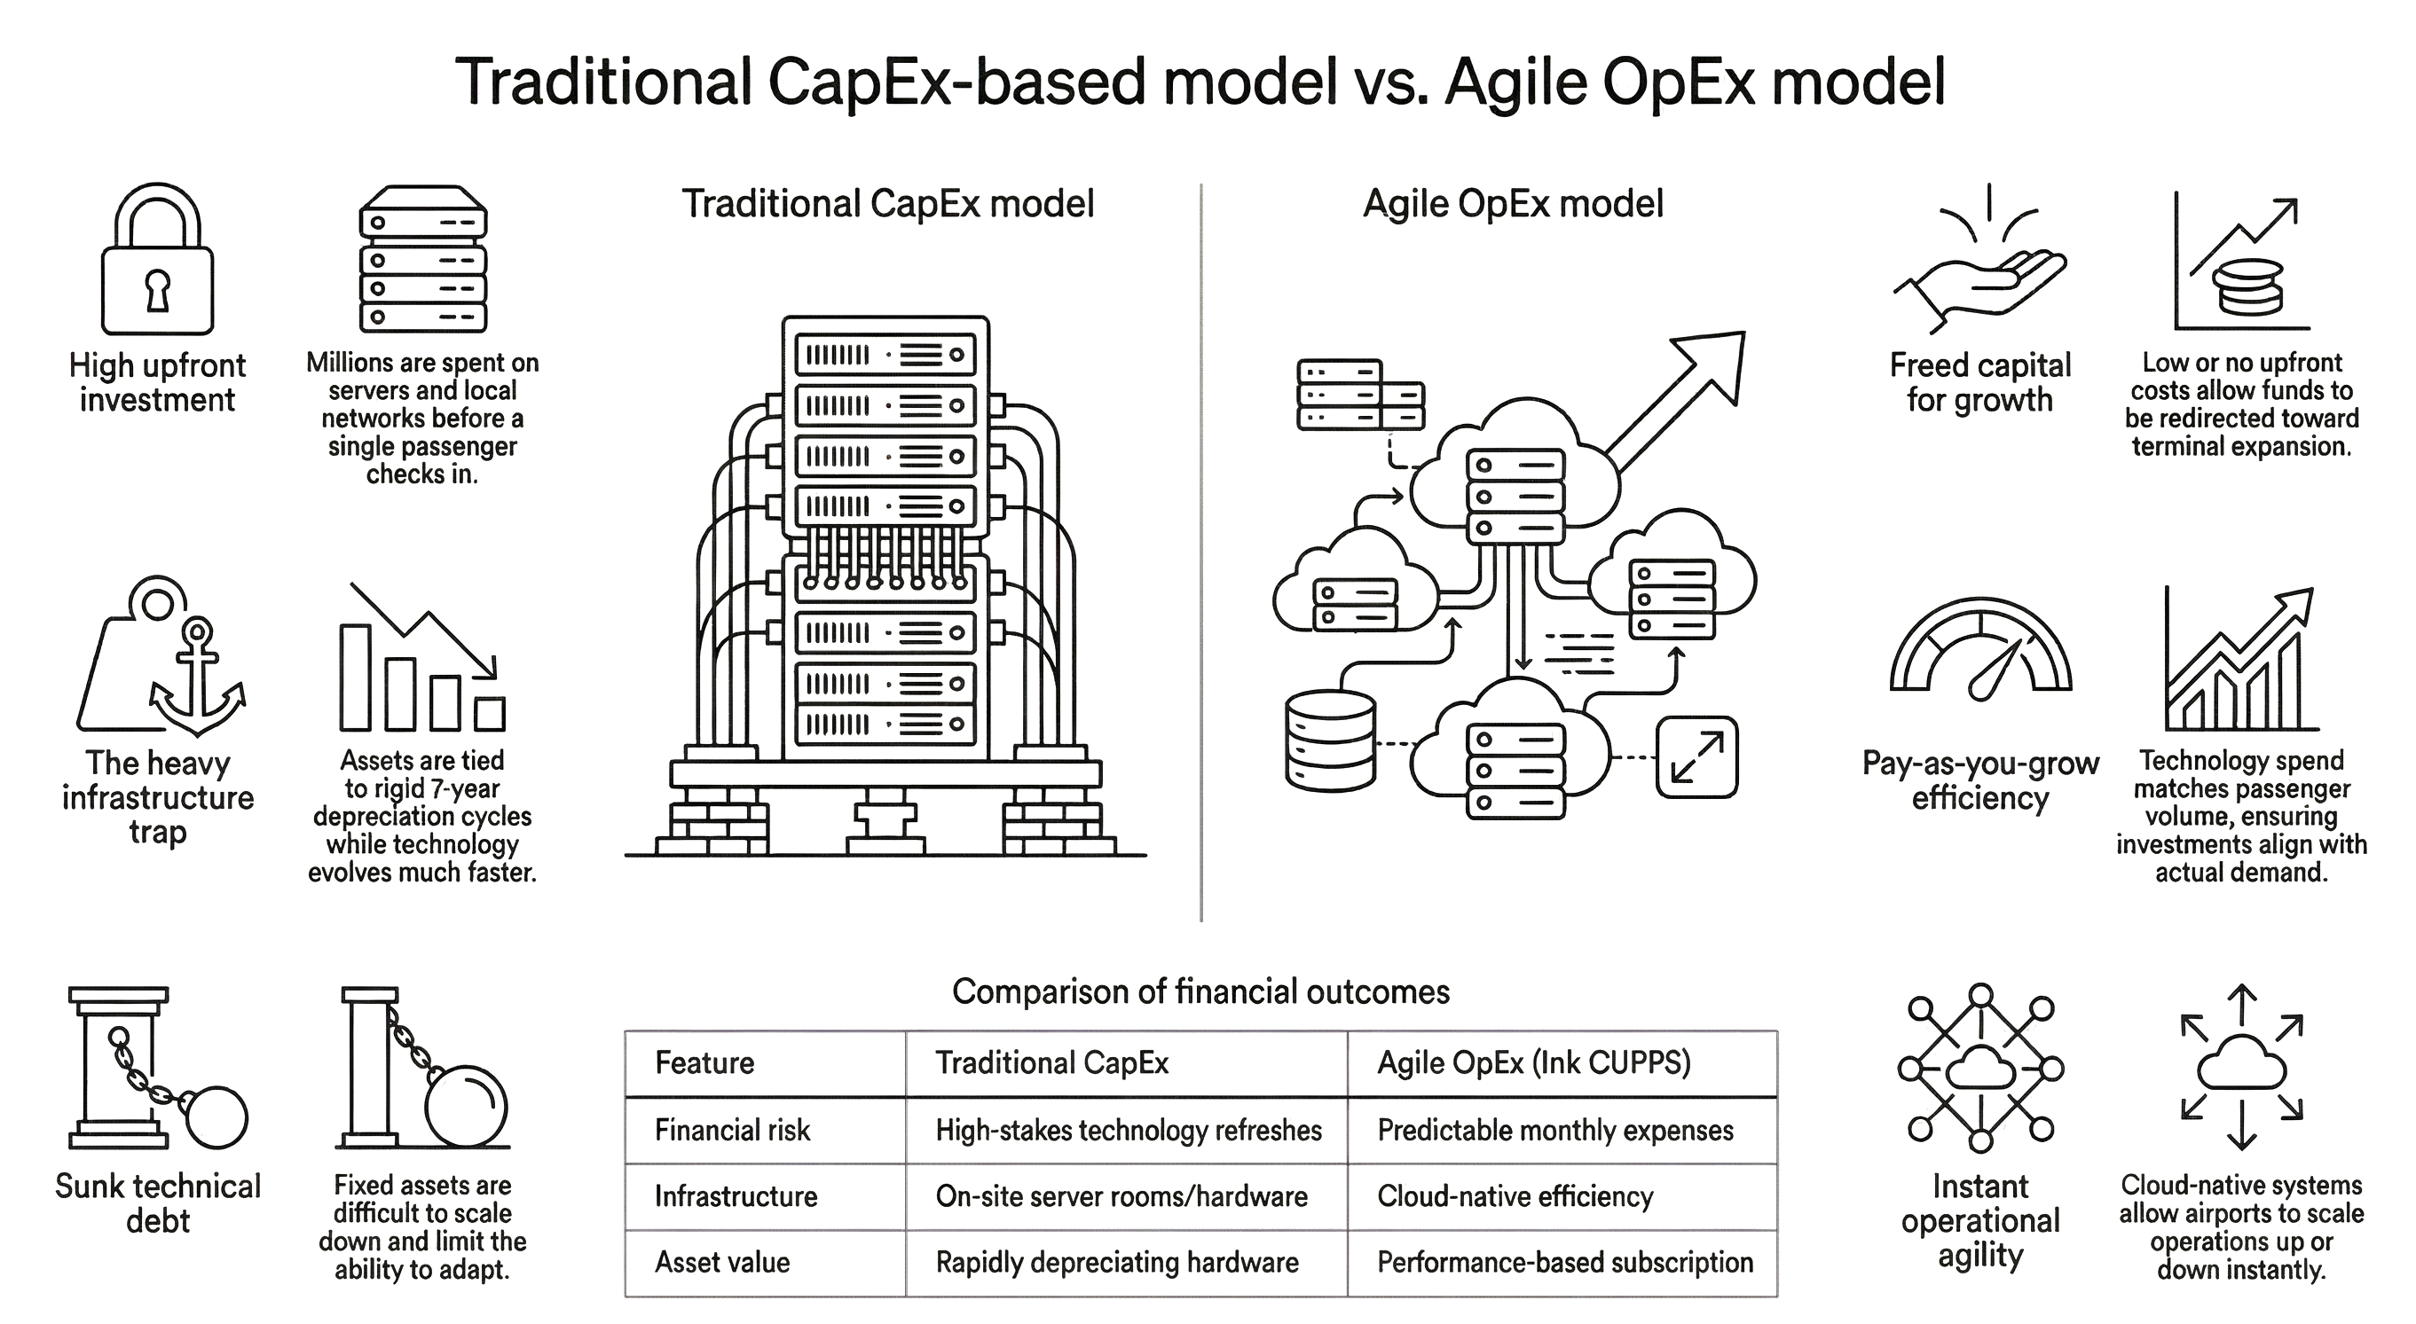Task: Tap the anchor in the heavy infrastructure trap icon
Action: [x=198, y=680]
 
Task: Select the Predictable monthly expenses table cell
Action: [x=1555, y=1130]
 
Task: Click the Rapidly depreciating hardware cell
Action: [x=1117, y=1262]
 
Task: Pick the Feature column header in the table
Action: [x=704, y=1062]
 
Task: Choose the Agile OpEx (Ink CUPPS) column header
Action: [x=1533, y=1062]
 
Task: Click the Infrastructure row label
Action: [x=736, y=1196]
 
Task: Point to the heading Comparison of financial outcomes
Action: [x=1200, y=991]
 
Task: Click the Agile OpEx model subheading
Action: [x=1513, y=203]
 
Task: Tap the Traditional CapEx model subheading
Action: [x=887, y=203]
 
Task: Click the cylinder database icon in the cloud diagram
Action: [x=1330, y=740]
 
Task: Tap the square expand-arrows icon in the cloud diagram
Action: [x=1696, y=756]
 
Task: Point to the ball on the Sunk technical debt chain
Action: [x=217, y=1116]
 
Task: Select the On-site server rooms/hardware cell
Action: [x=1121, y=1196]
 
